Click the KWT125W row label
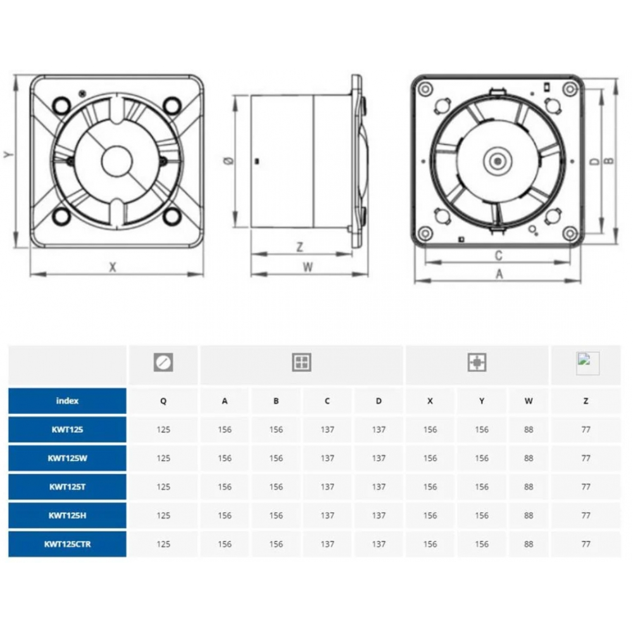(67, 458)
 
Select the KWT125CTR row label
(67, 544)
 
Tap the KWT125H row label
(67, 516)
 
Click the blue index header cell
(67, 401)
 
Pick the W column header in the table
(529, 401)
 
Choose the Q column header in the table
(163, 401)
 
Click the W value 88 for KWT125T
(529, 487)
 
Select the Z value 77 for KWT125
(586, 430)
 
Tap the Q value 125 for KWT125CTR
(163, 544)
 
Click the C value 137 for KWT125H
(327, 516)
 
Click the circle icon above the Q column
(163, 363)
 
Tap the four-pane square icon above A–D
(301, 363)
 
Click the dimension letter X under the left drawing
(113, 267)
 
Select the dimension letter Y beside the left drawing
(8, 154)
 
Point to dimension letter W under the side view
(308, 267)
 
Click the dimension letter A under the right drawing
(499, 274)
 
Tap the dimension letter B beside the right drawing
(609, 161)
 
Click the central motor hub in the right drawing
(498, 161)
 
